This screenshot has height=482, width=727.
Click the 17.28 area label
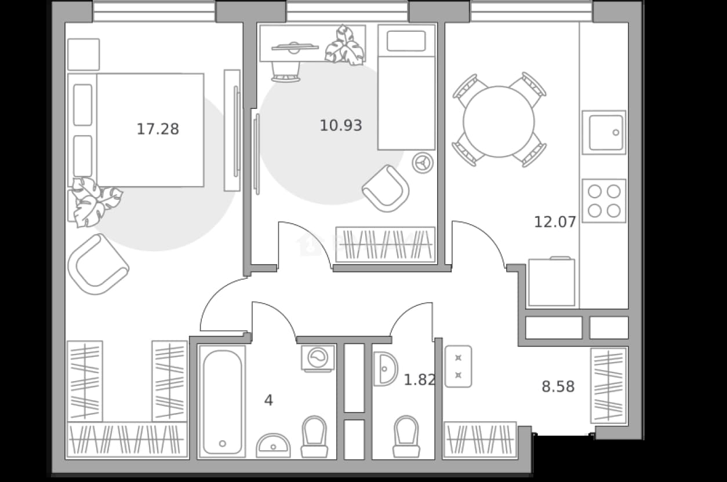pos(158,129)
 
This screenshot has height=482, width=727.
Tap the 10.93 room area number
pos(341,126)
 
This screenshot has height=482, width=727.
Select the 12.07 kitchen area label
pos(555,222)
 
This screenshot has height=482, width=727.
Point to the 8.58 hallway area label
pos(558,386)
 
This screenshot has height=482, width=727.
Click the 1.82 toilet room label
pos(419,380)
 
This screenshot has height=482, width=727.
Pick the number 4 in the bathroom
pos(268,400)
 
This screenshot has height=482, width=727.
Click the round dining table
pos(499,122)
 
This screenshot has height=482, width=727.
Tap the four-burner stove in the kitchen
pos(604,201)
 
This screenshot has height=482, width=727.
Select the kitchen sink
pos(604,132)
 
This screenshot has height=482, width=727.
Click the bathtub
pos(222,402)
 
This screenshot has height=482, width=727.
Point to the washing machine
pos(318,358)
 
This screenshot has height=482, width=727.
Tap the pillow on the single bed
pos(406,41)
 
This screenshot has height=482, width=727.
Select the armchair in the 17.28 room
pos(98,264)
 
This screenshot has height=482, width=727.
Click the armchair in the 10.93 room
pos(386,188)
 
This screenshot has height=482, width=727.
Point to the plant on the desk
pos(346,45)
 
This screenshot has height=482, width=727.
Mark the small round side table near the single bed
pos(423,163)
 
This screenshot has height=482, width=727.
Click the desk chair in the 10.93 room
pos(286,72)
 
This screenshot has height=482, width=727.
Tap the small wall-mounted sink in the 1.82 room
pos(386,369)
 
